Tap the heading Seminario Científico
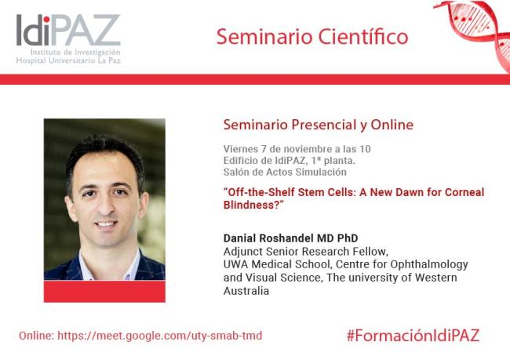point(311,37)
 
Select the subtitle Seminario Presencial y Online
point(318,125)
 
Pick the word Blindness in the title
point(250,205)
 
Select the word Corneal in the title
point(464,192)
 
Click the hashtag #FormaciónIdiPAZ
point(412,335)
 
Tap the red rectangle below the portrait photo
point(104,291)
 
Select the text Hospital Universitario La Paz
point(67,60)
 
